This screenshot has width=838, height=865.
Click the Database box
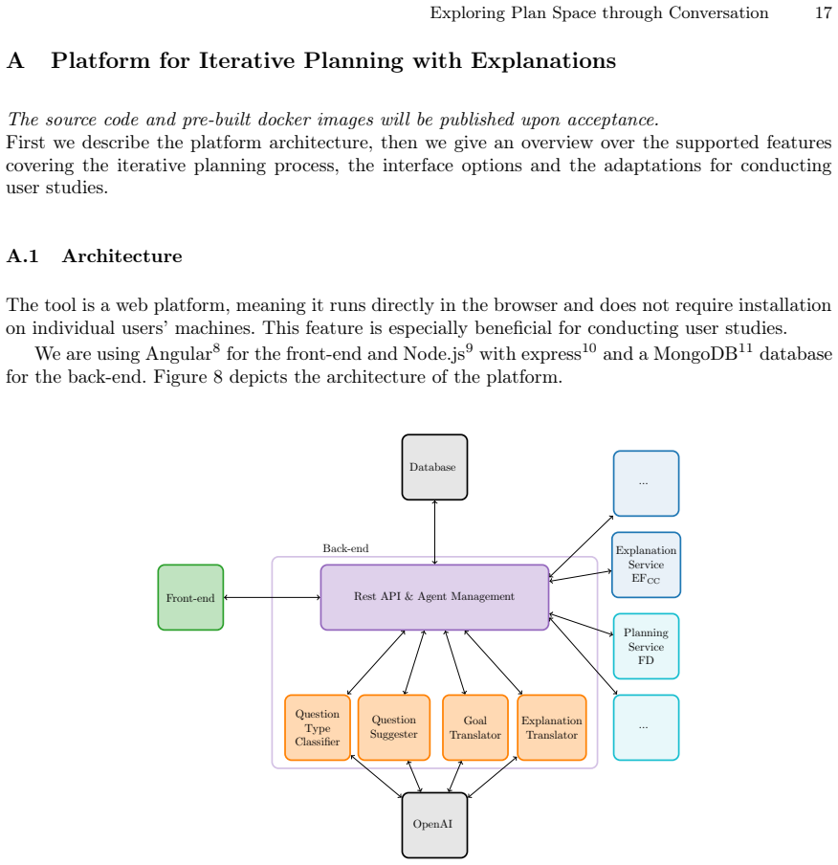(x=434, y=467)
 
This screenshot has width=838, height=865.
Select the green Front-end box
(x=190, y=597)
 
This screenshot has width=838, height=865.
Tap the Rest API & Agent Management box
(x=434, y=597)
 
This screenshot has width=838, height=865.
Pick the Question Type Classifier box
(x=318, y=727)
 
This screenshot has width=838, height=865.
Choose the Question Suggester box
(x=394, y=727)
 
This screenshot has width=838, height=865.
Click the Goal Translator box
(x=475, y=727)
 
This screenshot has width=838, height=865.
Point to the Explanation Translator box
(x=552, y=727)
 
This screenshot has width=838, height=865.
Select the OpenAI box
(x=434, y=825)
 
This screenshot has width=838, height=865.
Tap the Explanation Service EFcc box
(x=646, y=565)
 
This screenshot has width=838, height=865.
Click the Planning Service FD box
(x=646, y=646)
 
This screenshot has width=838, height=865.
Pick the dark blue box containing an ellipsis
(x=646, y=483)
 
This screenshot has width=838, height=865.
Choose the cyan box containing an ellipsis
(x=646, y=727)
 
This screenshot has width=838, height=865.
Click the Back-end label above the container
(x=345, y=548)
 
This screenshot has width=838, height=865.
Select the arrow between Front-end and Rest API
(x=272, y=597)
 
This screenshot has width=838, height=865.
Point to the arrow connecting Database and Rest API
(x=434, y=532)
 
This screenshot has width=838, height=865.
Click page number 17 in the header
(x=823, y=12)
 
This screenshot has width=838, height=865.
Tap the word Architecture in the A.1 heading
(x=121, y=256)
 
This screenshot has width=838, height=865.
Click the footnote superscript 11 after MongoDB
(x=745, y=347)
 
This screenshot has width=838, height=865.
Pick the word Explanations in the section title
(x=543, y=60)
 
